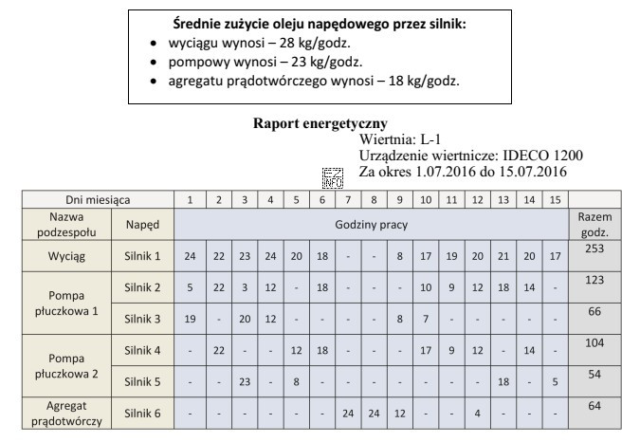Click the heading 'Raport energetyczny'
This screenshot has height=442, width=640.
pyautogui.click(x=320, y=124)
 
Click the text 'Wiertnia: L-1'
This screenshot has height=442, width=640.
pyautogui.click(x=402, y=139)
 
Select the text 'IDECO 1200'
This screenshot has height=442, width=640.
pyautogui.click(x=545, y=156)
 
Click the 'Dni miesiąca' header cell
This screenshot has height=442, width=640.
pyautogui.click(x=91, y=201)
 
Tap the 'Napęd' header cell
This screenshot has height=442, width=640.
pyautogui.click(x=142, y=225)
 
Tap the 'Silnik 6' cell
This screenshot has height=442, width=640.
pyautogui.click(x=142, y=414)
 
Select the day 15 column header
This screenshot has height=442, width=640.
pyautogui.click(x=555, y=201)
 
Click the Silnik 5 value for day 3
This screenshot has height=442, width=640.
pyautogui.click(x=245, y=382)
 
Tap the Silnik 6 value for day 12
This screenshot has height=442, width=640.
pyautogui.click(x=478, y=414)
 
